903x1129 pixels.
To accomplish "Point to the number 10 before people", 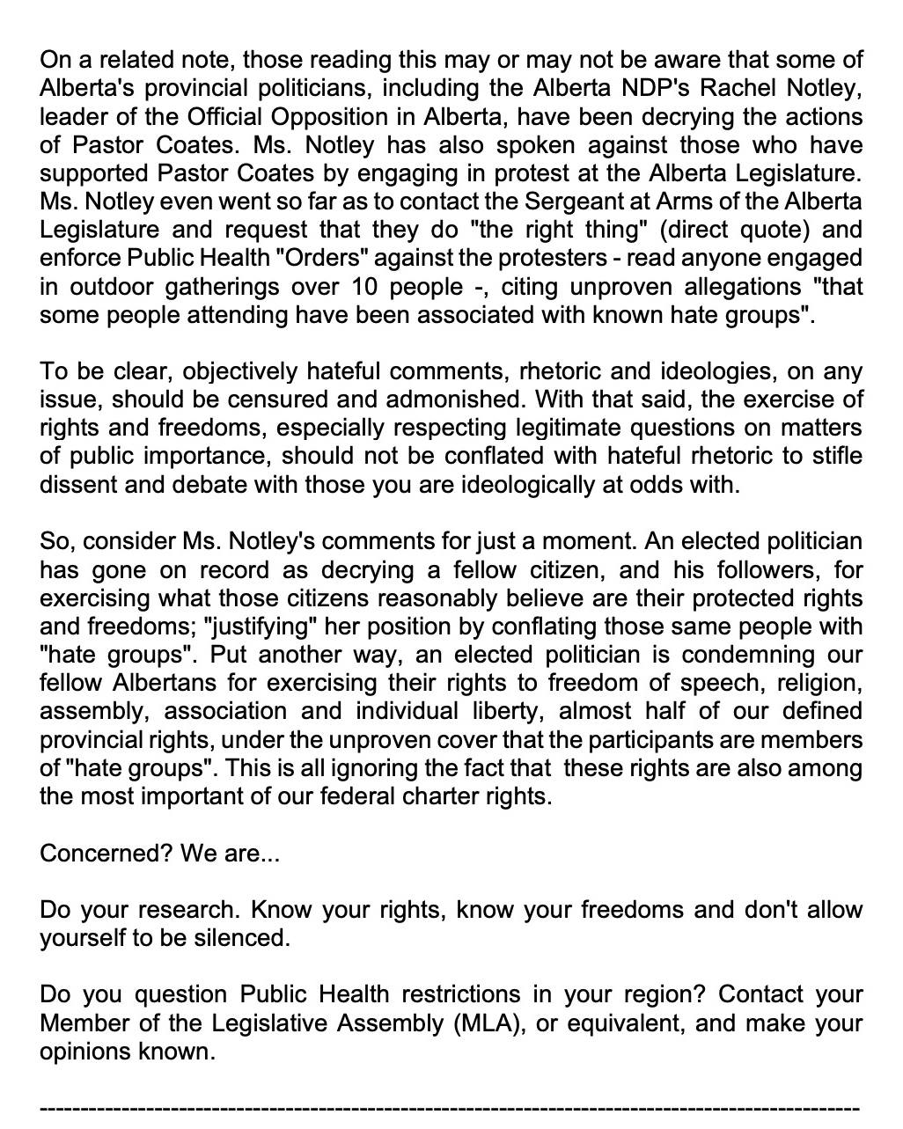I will pos(367,287).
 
